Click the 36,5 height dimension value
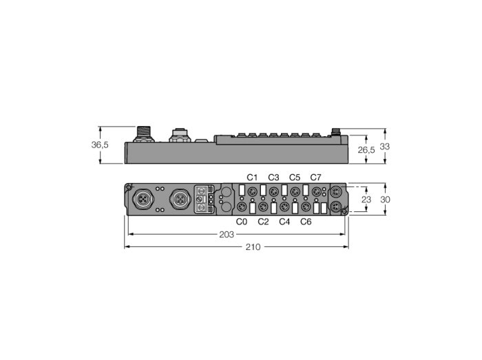tap(100, 145)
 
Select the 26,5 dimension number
tap(366, 150)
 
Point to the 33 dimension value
tap(384, 147)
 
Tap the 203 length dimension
tap(227, 235)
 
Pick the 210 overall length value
tap(253, 247)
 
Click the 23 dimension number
tap(366, 200)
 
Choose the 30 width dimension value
tap(385, 200)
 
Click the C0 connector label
tap(242, 222)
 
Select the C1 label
tap(252, 177)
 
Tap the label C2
tap(263, 222)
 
